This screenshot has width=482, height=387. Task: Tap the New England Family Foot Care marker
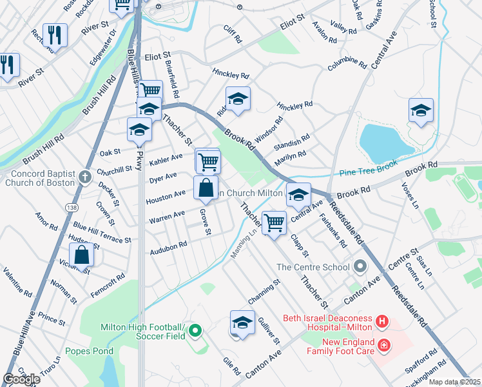(385, 346)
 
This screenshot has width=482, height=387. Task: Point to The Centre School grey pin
(360, 266)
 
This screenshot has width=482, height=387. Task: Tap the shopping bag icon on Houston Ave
(206, 188)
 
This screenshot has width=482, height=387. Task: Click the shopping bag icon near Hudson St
(82, 255)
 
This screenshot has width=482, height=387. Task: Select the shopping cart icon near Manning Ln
(275, 223)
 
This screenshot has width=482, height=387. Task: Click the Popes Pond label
(89, 352)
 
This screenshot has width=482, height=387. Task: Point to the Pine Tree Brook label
(369, 171)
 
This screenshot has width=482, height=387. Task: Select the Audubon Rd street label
(168, 248)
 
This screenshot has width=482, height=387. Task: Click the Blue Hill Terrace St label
(102, 233)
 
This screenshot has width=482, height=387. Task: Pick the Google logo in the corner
(22, 379)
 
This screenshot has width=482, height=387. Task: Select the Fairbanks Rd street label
(334, 230)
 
